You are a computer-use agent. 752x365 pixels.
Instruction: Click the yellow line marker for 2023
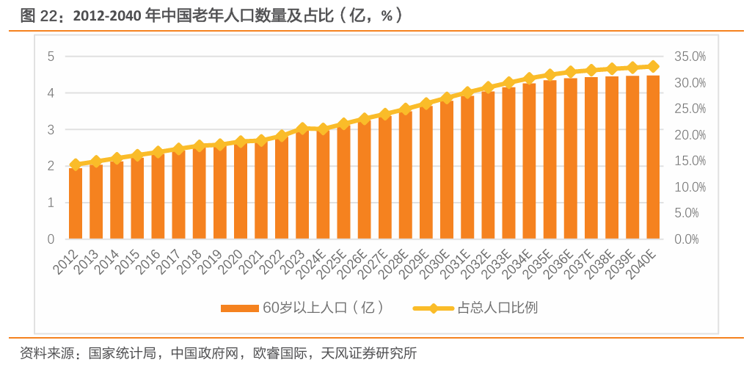302,129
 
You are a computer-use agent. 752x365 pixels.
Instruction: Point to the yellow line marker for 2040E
653,66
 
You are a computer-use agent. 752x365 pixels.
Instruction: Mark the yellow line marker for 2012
75,165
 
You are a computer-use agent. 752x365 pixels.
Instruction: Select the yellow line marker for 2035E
550,75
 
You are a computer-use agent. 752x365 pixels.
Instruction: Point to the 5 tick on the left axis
51,57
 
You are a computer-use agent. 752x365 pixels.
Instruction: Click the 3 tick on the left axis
51,130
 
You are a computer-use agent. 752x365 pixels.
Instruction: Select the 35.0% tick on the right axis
689,57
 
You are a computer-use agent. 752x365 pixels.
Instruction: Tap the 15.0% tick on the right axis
689,161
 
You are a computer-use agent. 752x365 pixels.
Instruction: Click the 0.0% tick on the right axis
689,239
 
